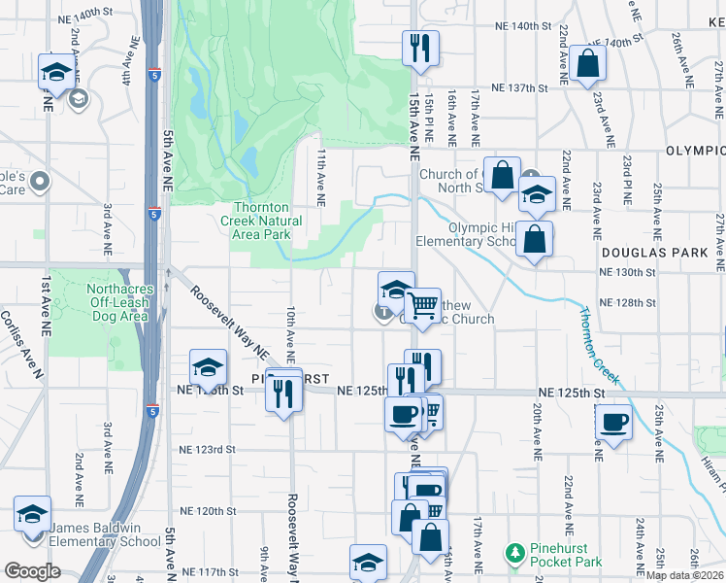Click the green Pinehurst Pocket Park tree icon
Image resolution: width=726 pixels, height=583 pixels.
(514, 554)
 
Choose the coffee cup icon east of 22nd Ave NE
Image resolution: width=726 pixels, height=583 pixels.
(612, 423)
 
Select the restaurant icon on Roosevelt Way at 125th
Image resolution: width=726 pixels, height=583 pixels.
(283, 393)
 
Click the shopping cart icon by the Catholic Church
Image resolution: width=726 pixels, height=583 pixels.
(422, 306)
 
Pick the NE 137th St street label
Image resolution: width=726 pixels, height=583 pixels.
(520, 87)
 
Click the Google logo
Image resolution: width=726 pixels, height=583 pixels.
(32, 571)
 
